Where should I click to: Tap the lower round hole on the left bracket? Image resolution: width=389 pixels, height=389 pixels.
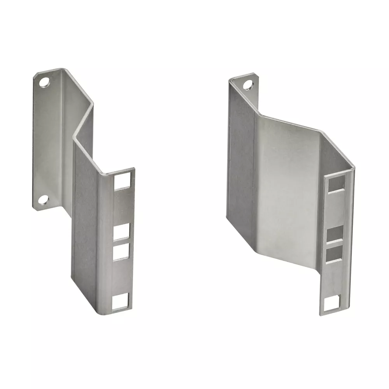(43, 200)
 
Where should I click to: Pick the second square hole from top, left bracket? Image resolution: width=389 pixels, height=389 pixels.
(121, 232)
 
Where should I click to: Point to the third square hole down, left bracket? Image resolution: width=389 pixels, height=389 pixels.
(121, 252)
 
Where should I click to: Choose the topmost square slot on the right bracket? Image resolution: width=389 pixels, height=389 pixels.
(336, 183)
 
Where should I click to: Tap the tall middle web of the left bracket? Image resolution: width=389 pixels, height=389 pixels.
(84, 218)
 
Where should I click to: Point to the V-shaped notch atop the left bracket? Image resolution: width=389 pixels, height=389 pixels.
(84, 121)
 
